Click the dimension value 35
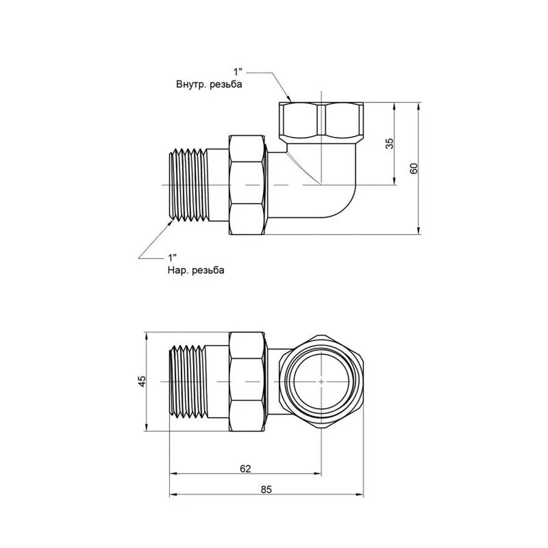[x=390, y=144]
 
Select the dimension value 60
[x=414, y=168]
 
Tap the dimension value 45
[x=142, y=382]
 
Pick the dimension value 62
[x=245, y=468]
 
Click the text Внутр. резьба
[x=209, y=85]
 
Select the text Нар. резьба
[x=195, y=270]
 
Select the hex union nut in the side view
[x=248, y=185]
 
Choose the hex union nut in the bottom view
[x=248, y=382]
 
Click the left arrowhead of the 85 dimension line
[x=172, y=495]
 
